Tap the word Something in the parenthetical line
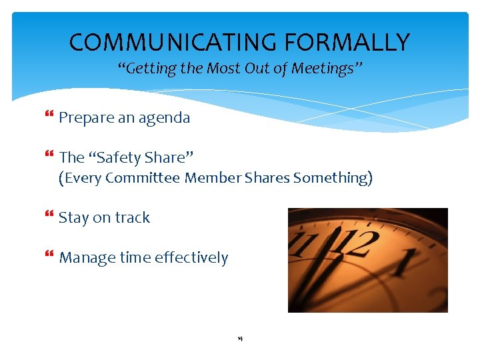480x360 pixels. click(x=333, y=178)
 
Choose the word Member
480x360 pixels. click(x=213, y=178)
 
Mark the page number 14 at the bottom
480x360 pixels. click(x=239, y=339)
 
